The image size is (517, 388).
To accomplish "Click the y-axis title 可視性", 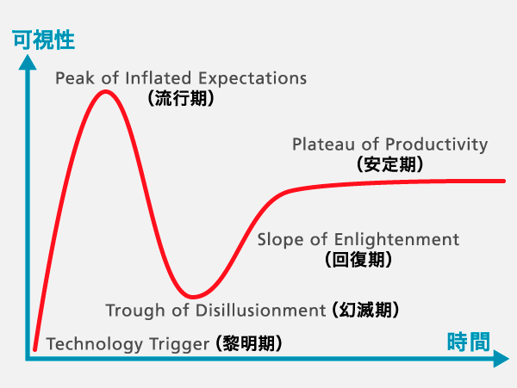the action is tap(44, 40).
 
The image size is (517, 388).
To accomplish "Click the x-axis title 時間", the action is tap(469, 342).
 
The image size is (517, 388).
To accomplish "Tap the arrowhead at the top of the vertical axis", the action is tap(28, 62).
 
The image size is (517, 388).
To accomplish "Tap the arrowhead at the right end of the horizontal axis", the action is tap(501, 359).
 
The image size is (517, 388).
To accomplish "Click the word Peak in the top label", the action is tap(75, 78).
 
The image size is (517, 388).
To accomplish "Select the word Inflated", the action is tap(159, 78).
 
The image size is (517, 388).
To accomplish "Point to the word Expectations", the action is tap(252, 79).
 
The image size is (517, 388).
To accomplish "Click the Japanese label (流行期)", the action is tap(181, 98).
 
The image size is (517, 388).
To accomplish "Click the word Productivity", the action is tap(437, 145).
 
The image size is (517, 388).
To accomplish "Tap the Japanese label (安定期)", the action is tap(390, 163).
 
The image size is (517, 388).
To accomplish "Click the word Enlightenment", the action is tap(396, 240).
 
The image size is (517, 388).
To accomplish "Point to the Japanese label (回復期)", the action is tap(358, 259).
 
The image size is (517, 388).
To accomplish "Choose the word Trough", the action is tap(135, 311).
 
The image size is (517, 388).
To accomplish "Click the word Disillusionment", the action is tap(261, 311).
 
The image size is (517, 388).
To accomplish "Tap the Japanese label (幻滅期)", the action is tap(365, 310).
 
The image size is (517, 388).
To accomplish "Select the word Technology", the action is tap(94, 345).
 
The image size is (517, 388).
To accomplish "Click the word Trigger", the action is tap(179, 345).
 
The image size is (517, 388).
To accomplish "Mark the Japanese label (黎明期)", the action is tap(249, 343).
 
